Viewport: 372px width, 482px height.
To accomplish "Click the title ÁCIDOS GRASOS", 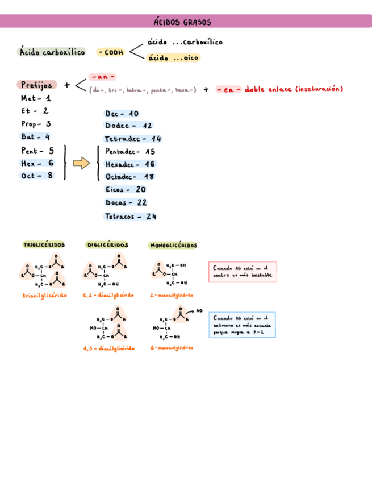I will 182,22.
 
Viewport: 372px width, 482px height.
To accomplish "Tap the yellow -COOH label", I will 110,52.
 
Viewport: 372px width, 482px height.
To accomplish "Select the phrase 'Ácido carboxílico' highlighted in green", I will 52,52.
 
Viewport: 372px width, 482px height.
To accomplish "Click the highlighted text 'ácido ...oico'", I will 174,57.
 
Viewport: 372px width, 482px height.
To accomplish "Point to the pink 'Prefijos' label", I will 37,85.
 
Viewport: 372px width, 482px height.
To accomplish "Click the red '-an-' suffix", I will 103,76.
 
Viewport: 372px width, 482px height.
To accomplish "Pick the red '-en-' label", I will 229,89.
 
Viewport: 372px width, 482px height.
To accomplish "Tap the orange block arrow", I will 82,164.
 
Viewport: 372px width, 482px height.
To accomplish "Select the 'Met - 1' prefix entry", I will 36,98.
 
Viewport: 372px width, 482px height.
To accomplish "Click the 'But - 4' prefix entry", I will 36,136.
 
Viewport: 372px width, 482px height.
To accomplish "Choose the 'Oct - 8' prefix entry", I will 37,176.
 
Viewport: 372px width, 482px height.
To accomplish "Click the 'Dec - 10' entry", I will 122,114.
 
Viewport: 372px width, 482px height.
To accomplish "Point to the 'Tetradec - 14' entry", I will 133,139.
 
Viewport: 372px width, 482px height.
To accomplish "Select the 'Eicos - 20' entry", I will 126,189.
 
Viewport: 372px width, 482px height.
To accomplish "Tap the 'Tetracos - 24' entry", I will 131,217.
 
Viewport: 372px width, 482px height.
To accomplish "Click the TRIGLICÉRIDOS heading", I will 44,245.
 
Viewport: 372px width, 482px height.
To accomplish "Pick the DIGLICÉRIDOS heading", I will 108,245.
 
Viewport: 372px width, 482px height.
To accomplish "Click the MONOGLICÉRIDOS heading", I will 173,246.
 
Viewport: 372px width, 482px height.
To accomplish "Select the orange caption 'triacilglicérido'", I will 45,295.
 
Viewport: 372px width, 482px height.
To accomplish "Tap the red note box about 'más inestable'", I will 243,272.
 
